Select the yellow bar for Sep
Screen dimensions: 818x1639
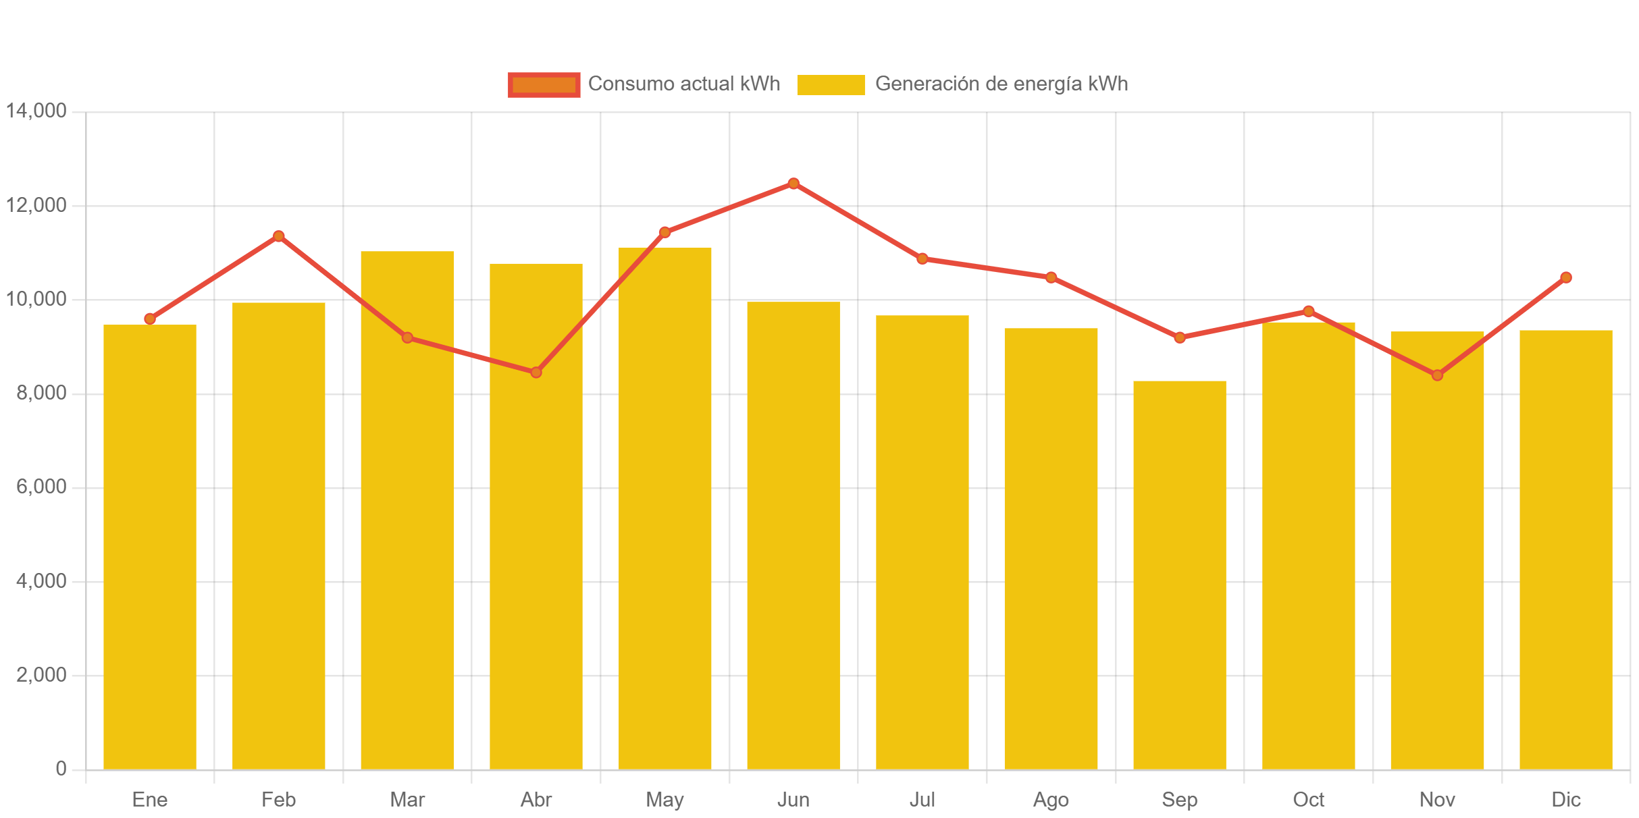1179,574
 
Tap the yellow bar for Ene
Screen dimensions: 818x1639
150,547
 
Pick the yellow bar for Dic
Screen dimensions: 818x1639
1565,549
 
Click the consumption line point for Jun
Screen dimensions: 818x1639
794,184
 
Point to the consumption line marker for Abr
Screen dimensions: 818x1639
536,372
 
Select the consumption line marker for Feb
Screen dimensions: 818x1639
279,236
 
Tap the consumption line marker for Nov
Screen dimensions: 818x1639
1437,375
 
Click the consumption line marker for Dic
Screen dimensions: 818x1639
1566,277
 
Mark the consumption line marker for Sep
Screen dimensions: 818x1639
1180,337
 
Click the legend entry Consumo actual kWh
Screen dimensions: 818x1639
683,84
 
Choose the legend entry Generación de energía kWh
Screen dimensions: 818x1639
1001,84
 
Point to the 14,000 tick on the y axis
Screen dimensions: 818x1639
36,111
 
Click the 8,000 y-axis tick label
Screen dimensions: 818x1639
41,393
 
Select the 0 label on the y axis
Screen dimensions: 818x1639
61,769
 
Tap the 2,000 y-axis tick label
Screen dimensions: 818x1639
41,675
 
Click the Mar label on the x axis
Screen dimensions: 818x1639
407,800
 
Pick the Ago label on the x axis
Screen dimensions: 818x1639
1051,800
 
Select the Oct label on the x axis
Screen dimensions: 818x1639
1308,800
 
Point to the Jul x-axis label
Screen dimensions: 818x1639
922,800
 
